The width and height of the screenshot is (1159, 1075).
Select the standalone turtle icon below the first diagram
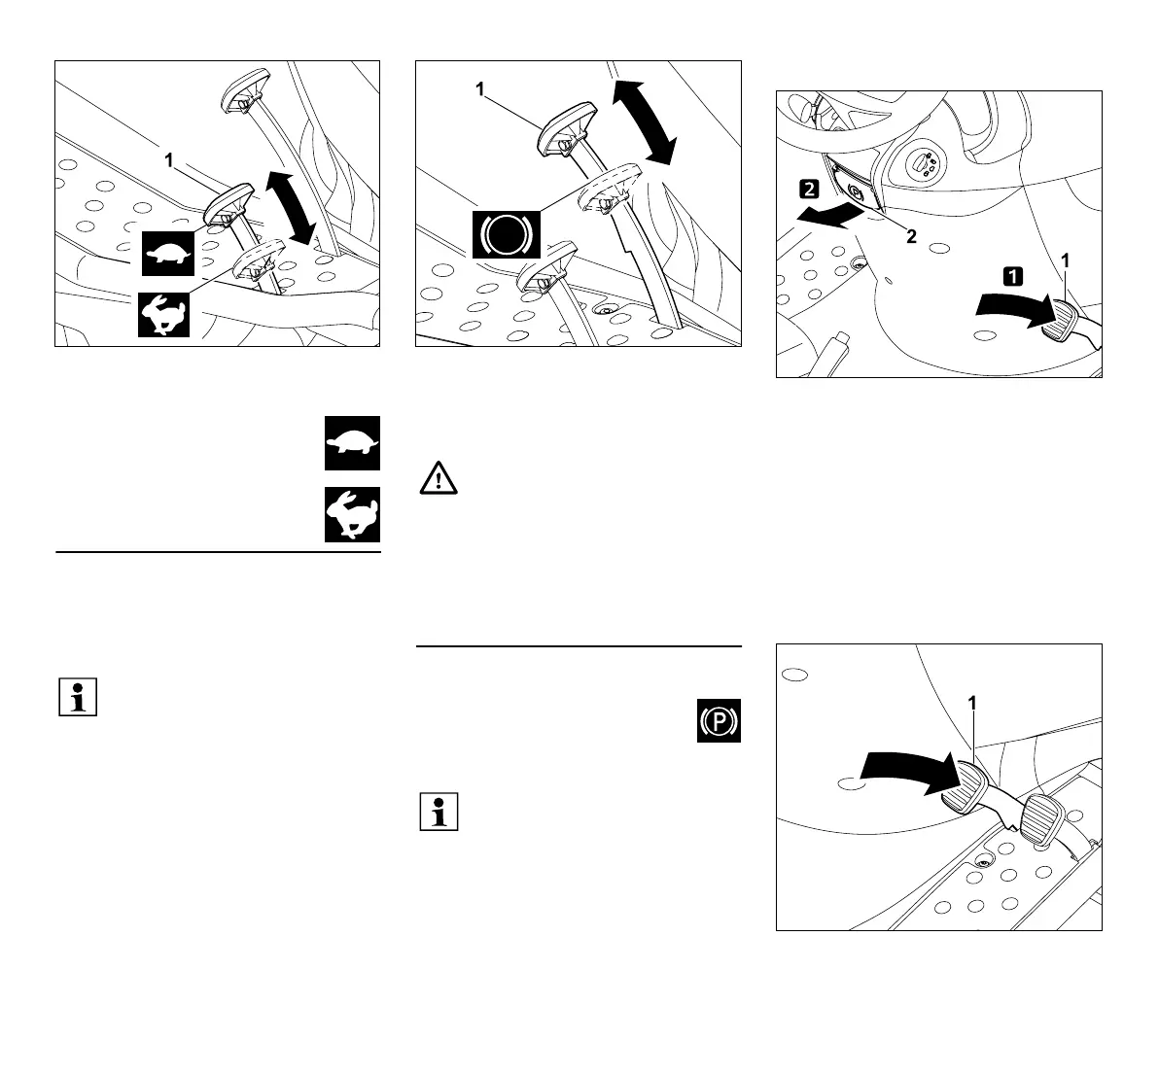pos(352,444)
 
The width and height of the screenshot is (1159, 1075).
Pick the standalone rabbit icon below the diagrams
pos(352,514)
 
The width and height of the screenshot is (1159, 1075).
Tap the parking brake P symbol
pos(719,721)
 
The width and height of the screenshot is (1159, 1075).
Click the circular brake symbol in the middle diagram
pos(506,233)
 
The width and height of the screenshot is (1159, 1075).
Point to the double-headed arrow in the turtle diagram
pos(293,206)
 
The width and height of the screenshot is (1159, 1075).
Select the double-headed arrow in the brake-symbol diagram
pos(644,121)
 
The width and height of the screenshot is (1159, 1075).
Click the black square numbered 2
pos(811,186)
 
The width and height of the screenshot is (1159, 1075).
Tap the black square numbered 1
pos(1013,275)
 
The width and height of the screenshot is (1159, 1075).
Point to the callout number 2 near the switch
pos(911,237)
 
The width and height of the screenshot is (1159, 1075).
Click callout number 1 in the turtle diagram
pos(169,161)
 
